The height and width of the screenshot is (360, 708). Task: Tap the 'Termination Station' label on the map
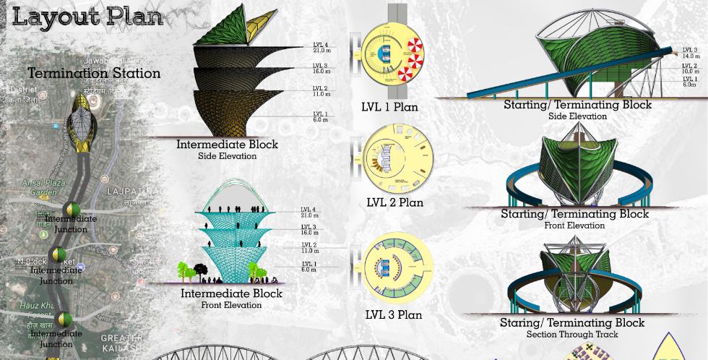tap(94, 73)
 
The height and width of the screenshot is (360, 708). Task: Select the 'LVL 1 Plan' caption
tap(389, 108)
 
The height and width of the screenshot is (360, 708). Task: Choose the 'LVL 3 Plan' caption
tap(394, 315)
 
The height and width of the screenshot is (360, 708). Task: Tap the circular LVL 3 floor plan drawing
tap(396, 269)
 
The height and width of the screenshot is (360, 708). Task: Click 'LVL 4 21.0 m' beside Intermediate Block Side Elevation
tap(321, 47)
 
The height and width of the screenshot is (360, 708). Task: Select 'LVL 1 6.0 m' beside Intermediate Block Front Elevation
tap(309, 267)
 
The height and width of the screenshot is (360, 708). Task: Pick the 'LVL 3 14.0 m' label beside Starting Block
tap(691, 53)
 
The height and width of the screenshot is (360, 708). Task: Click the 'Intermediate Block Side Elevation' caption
tap(227, 149)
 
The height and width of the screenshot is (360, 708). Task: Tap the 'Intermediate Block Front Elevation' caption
tap(231, 299)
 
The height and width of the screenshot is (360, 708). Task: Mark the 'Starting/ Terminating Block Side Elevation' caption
tap(577, 109)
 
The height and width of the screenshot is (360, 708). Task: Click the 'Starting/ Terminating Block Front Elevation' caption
tap(575, 218)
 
